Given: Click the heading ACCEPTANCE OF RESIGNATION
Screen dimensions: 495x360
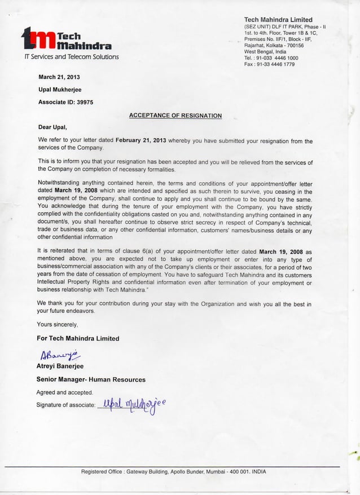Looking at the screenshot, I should [175, 116].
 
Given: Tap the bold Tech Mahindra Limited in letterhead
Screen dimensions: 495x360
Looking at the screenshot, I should [278, 20].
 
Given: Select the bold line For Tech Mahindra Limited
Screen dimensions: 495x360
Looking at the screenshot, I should [78, 338].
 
